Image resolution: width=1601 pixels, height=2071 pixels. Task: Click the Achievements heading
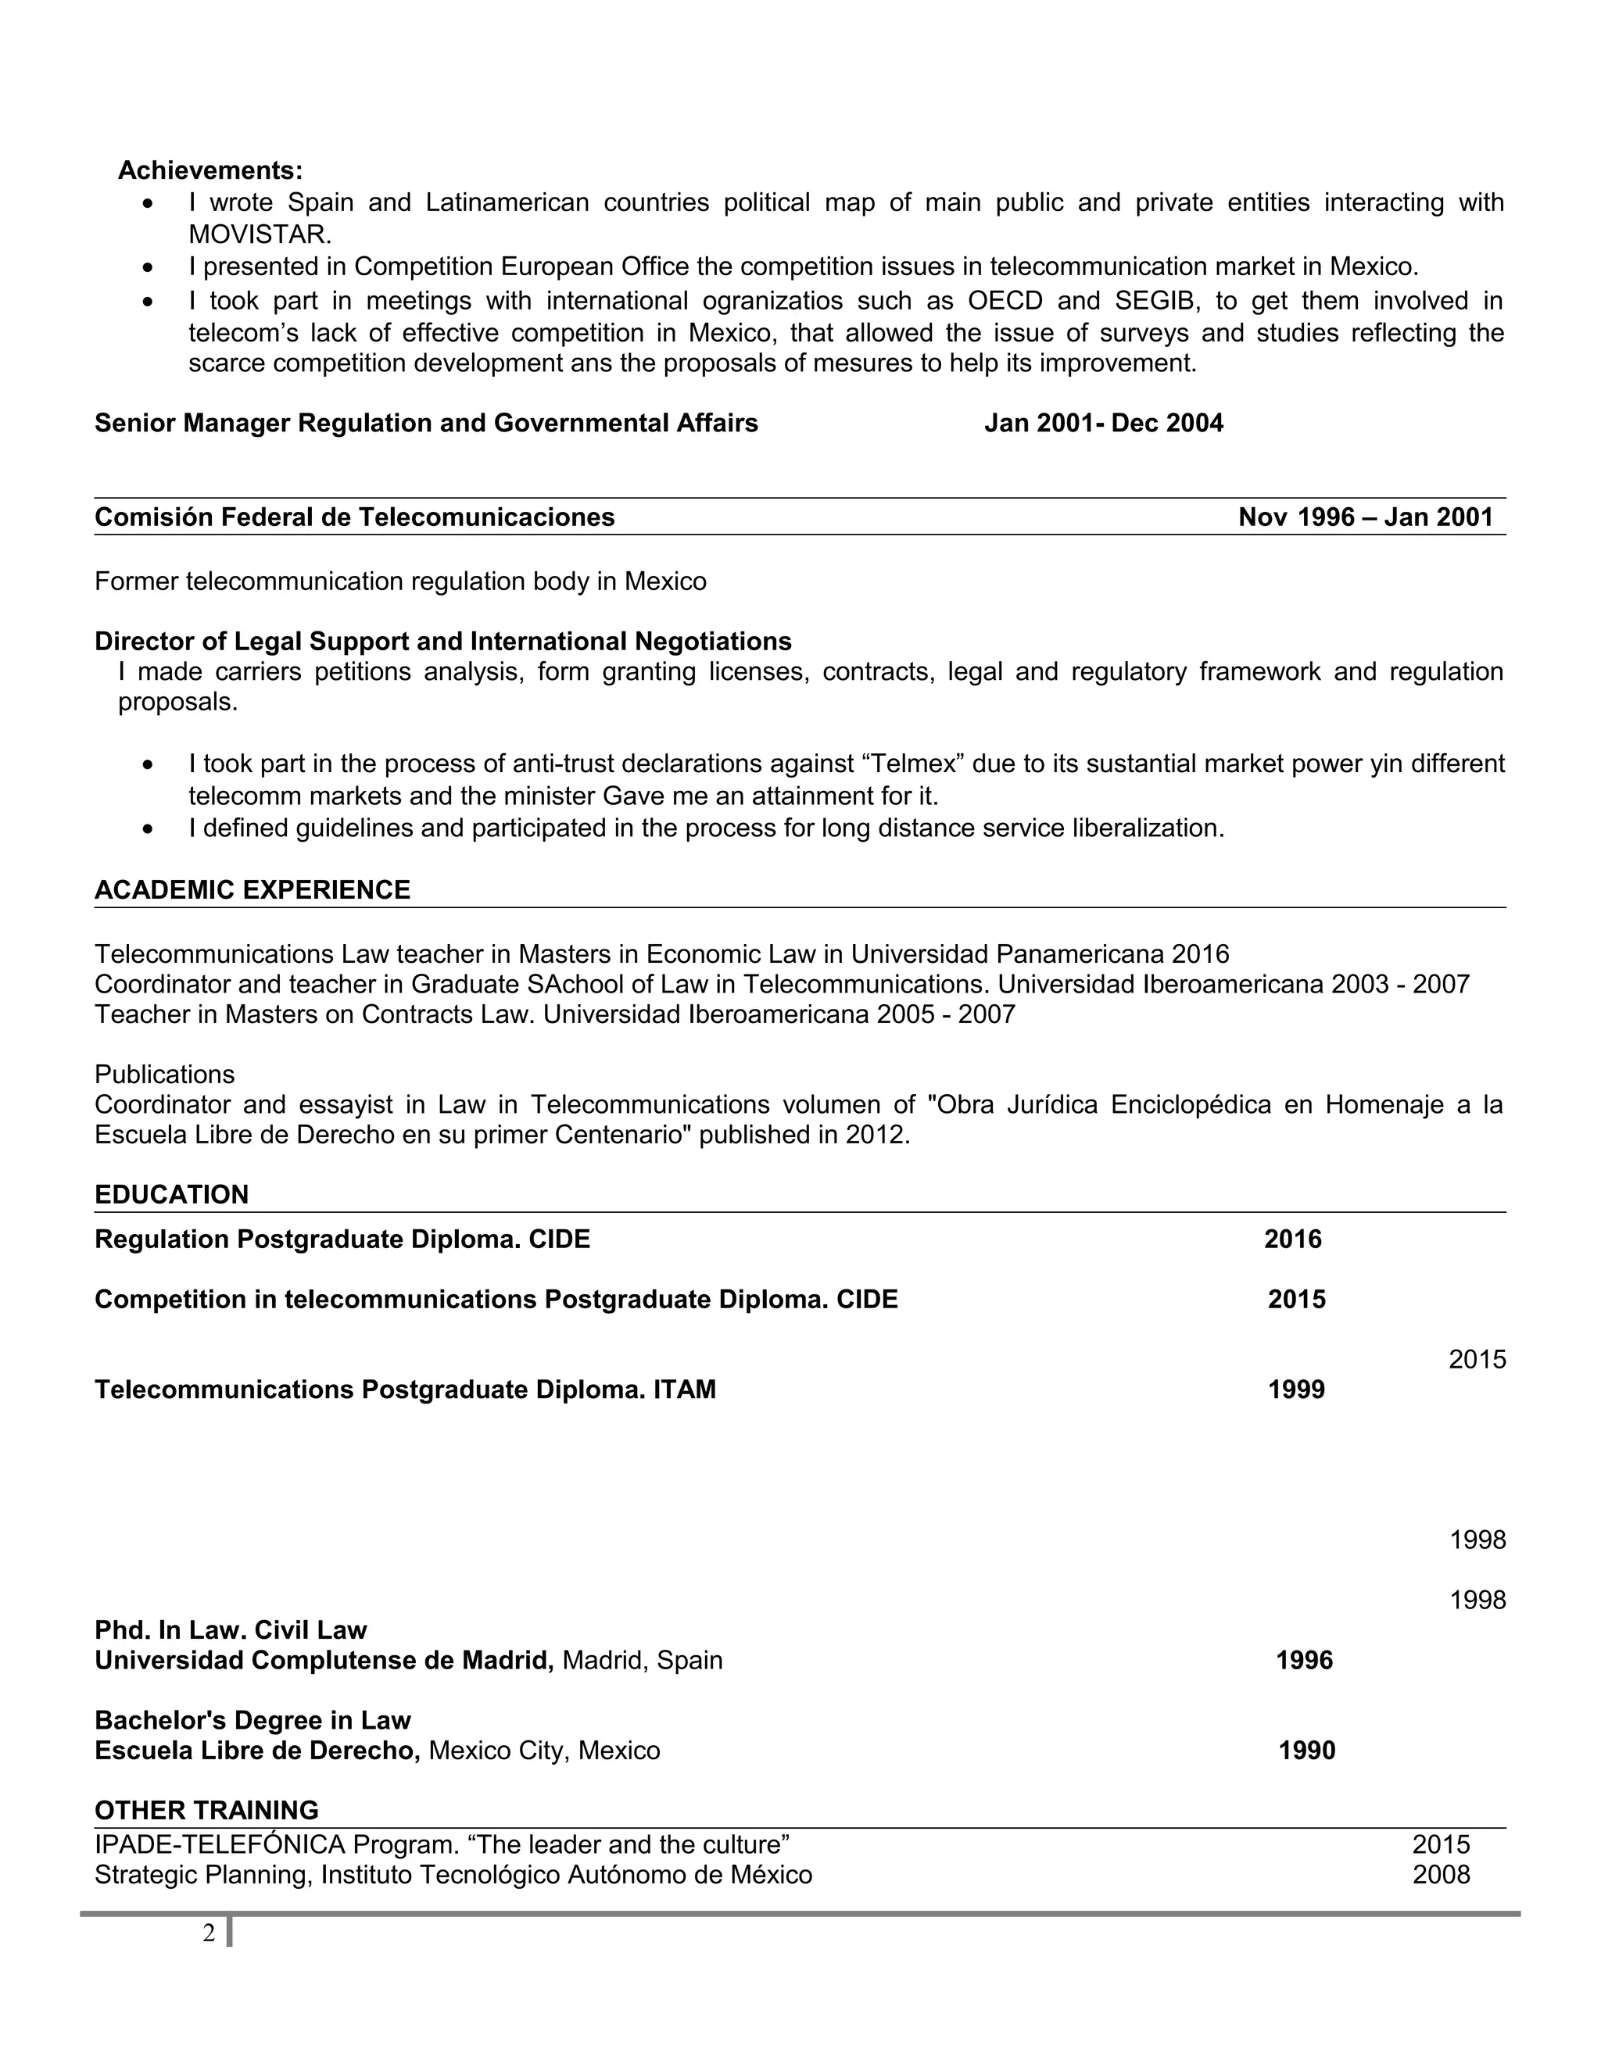pyautogui.click(x=210, y=170)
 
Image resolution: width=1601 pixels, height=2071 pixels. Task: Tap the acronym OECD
pyautogui.click(x=1005, y=301)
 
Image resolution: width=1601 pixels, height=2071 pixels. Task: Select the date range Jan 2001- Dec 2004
pyautogui.click(x=1103, y=423)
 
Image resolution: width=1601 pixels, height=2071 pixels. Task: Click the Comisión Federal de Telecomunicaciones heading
pyautogui.click(x=355, y=517)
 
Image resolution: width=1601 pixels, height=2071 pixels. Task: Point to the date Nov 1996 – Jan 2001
pyautogui.click(x=1365, y=517)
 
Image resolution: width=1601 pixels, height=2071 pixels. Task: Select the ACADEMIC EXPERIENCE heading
pyautogui.click(x=253, y=889)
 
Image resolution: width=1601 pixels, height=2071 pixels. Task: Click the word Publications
pyautogui.click(x=164, y=1075)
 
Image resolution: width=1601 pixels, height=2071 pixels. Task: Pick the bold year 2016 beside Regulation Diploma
pyautogui.click(x=1291, y=1239)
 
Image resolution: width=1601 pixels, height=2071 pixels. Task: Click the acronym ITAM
pyautogui.click(x=684, y=1390)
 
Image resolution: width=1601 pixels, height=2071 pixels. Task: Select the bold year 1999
pyautogui.click(x=1295, y=1390)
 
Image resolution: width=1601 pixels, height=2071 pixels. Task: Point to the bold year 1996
pyautogui.click(x=1303, y=1661)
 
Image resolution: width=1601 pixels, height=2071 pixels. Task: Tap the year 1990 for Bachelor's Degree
pyautogui.click(x=1306, y=1751)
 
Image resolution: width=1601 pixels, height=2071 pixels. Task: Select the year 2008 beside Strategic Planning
pyautogui.click(x=1440, y=1875)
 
